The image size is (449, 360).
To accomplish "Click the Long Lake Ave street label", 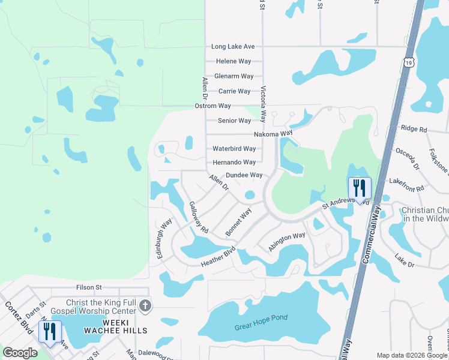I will click(234, 47).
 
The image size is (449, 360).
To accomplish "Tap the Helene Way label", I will click(234, 61).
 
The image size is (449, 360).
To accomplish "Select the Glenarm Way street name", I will click(234, 76).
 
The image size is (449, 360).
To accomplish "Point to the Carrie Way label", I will click(234, 91).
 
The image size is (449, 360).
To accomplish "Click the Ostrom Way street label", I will click(212, 106).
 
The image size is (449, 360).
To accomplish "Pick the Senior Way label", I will click(234, 121).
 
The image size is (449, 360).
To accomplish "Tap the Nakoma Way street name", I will click(273, 133).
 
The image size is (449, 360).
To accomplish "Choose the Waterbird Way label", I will click(234, 149).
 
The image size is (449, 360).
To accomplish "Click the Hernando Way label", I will click(234, 163).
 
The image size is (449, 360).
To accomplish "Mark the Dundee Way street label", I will click(244, 175).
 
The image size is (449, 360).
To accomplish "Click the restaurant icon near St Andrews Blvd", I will click(360, 189).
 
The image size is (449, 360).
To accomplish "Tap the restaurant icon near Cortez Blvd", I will click(50, 331).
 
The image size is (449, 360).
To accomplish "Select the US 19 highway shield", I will click(408, 62).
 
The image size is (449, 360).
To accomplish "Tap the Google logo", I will click(20, 352).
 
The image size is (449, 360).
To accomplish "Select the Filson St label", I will click(89, 288).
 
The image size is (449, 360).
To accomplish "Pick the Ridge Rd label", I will click(414, 129).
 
